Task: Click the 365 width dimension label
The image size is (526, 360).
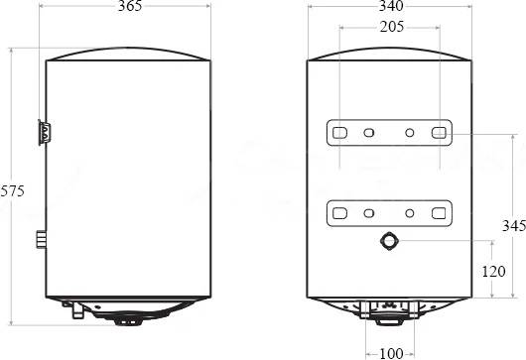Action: [x=130, y=6]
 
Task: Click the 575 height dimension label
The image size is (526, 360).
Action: [x=13, y=191]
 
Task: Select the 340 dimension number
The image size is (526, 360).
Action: [x=391, y=6]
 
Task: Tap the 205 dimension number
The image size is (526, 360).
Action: [x=392, y=27]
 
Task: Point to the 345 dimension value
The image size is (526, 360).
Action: [x=514, y=225]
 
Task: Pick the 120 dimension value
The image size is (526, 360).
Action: [x=493, y=271]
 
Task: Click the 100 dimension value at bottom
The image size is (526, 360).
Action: [x=391, y=353]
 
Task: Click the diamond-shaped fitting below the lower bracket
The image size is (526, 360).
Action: [x=389, y=241]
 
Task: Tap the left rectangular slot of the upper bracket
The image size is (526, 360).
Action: [x=339, y=133]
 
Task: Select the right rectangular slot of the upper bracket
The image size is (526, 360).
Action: [x=439, y=133]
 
